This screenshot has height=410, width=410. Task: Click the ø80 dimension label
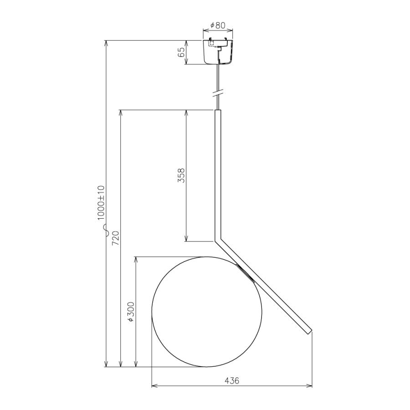point(218,26)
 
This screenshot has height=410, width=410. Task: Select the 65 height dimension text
point(181,52)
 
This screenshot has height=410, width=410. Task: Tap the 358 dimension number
point(181,175)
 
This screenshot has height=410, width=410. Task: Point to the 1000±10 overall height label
point(101,202)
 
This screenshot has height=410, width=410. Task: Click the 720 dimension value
point(115,238)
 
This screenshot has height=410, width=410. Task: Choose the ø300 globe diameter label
point(131,312)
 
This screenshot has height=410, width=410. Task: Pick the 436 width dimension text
point(232,381)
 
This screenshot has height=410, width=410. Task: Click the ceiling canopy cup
point(218,52)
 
